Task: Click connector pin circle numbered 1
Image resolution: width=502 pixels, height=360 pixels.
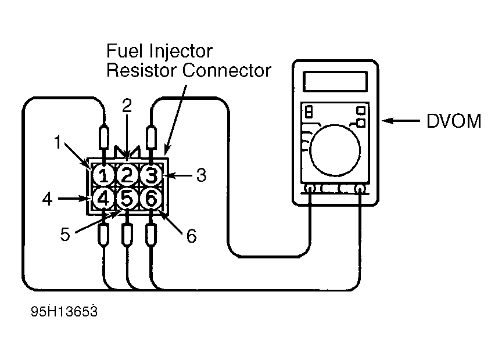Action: (103, 175)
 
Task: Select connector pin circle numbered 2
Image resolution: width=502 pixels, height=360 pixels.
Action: (127, 175)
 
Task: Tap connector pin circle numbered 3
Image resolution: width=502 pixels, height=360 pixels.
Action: (151, 175)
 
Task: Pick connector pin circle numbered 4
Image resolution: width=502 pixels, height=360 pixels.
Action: (103, 199)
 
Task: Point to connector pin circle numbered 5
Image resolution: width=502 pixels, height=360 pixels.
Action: (127, 199)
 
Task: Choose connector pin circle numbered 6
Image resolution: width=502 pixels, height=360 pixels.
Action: (151, 199)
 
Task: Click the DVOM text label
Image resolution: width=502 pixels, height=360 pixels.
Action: (454, 121)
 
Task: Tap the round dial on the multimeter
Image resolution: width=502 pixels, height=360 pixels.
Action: (335, 150)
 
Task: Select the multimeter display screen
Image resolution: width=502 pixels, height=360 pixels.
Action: (335, 82)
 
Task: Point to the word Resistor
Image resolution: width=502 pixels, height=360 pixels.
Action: (142, 70)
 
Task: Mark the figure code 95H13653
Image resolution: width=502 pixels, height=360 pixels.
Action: (64, 311)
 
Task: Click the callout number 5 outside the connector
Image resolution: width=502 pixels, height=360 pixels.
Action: (65, 235)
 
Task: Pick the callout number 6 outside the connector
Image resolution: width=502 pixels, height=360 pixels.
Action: (192, 236)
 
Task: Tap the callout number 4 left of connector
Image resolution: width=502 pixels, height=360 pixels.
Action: (48, 199)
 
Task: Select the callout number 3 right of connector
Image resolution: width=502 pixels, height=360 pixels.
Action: (201, 175)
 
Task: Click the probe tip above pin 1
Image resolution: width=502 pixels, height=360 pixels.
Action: (104, 138)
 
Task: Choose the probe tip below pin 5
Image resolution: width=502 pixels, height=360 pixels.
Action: (127, 234)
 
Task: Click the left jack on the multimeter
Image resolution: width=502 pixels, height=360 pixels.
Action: (310, 189)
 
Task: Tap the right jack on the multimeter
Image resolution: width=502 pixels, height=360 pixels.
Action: (360, 189)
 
